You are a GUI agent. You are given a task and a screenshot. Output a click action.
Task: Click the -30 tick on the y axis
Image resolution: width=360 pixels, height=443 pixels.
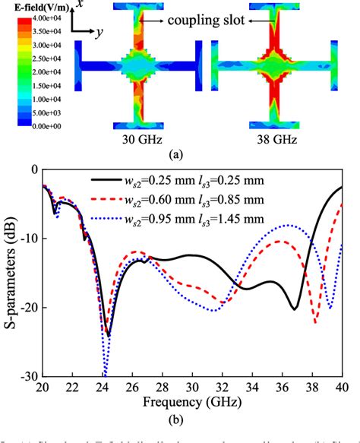pyautogui.click(x=27, y=377)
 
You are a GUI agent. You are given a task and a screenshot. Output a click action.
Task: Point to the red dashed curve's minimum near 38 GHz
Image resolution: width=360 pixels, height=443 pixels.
pyautogui.click(x=315, y=323)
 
